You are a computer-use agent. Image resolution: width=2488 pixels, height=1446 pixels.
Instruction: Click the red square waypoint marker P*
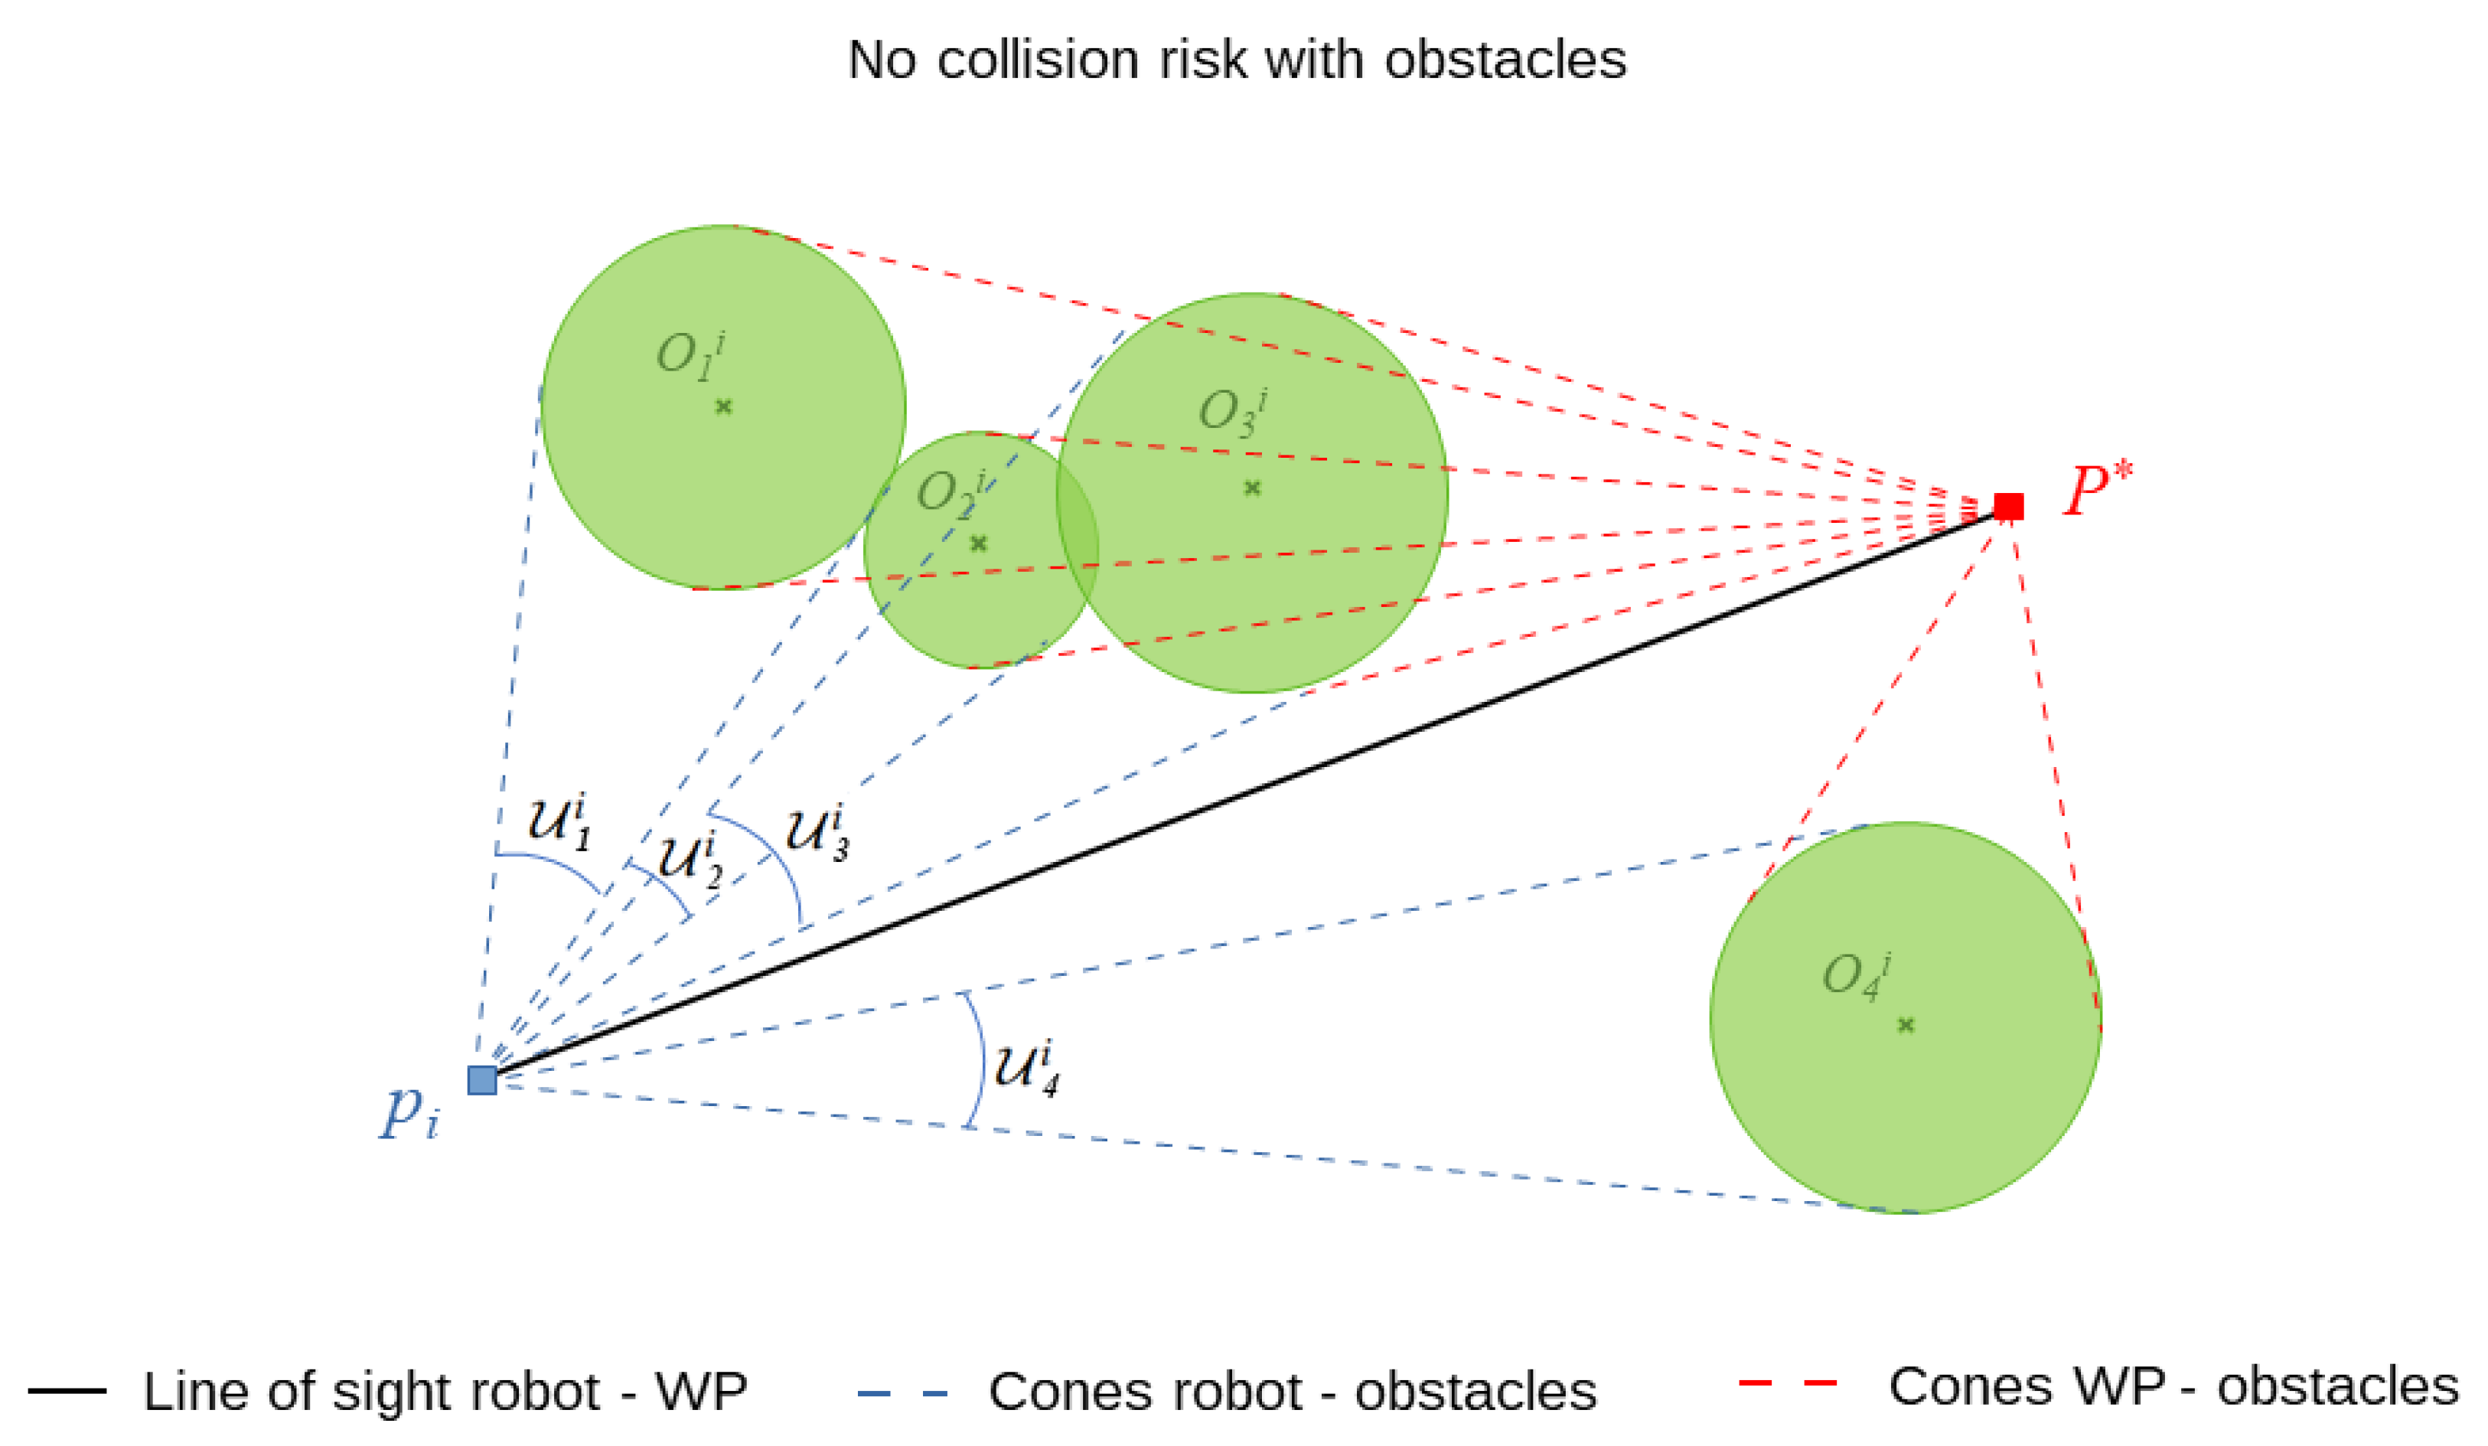pos(2008,507)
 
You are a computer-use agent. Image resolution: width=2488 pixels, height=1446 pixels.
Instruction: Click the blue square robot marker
pos(482,1079)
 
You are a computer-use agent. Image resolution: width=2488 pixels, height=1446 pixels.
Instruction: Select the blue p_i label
pos(409,1113)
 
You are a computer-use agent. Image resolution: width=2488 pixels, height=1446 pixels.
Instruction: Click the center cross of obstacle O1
pos(724,406)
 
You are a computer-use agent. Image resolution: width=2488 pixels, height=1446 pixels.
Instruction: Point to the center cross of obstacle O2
pos(978,543)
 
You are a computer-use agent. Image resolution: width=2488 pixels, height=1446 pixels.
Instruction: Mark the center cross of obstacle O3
pos(1252,488)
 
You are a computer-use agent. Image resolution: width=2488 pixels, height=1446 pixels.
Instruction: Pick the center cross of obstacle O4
pos(1906,1025)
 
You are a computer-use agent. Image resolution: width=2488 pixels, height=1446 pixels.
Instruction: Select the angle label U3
pos(817,833)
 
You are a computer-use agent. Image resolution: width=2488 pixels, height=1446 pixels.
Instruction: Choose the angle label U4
pos(1027,1068)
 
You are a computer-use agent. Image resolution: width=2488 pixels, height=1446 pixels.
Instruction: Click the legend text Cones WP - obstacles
pos(2173,1387)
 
